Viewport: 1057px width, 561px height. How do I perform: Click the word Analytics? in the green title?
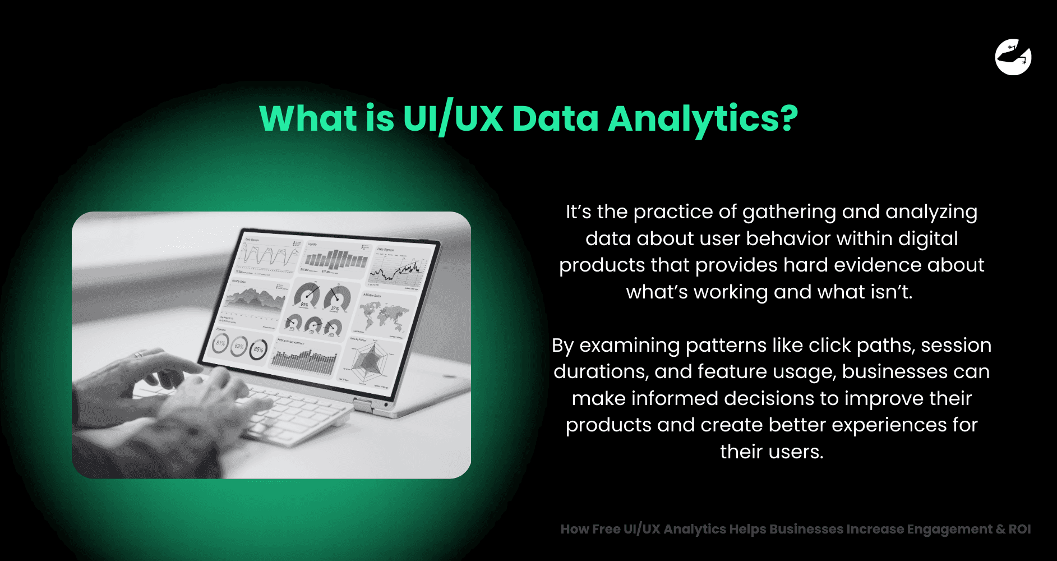tap(703, 119)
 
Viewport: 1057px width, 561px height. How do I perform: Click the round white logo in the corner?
tap(1013, 57)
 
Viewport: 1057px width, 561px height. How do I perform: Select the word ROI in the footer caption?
tap(1019, 529)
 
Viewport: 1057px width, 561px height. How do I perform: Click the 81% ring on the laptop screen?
tap(220, 343)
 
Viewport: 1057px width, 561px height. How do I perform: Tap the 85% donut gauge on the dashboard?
tap(259, 349)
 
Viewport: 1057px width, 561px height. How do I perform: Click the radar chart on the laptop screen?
tap(368, 361)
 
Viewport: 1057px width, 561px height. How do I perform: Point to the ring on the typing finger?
tap(139, 354)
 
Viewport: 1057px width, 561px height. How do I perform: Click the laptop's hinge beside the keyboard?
tap(363, 404)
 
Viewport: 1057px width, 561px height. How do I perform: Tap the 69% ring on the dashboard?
tap(239, 346)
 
